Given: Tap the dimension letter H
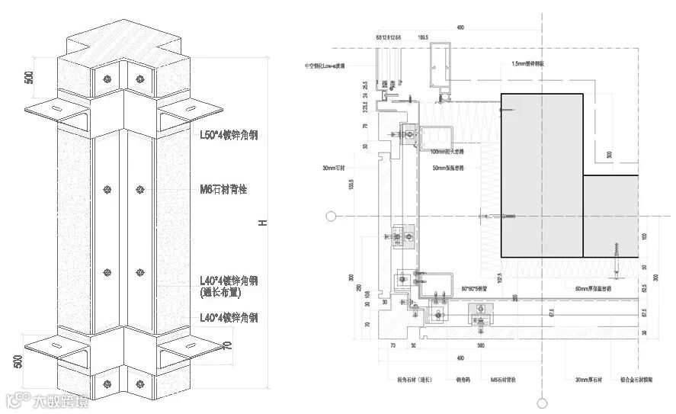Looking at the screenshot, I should [261, 223].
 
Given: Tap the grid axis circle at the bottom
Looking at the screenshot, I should [542, 403].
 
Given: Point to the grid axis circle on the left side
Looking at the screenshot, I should [330, 217].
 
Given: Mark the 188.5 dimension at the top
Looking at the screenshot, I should [422, 37].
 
